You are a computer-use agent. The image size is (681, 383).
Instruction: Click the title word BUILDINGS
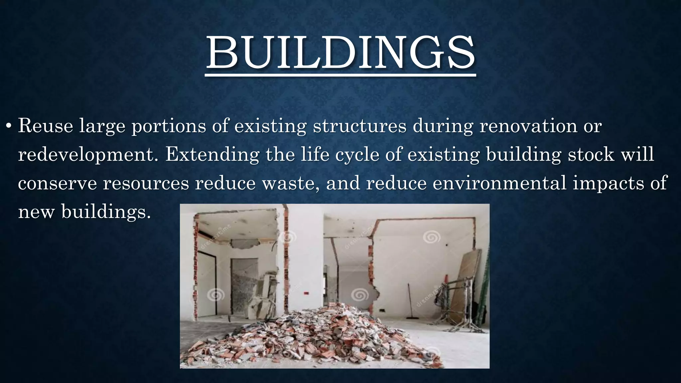click(340, 53)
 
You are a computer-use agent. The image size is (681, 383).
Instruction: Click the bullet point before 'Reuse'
click(9, 127)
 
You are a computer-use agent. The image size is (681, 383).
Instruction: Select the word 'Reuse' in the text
click(45, 126)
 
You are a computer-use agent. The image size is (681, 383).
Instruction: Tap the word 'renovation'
click(528, 126)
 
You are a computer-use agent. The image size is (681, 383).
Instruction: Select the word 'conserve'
click(57, 184)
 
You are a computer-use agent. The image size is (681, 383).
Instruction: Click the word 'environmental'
click(499, 184)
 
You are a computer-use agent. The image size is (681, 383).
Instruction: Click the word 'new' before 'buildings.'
click(36, 212)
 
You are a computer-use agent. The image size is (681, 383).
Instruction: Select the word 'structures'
click(359, 126)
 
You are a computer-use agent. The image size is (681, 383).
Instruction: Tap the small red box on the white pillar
click(306, 293)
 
